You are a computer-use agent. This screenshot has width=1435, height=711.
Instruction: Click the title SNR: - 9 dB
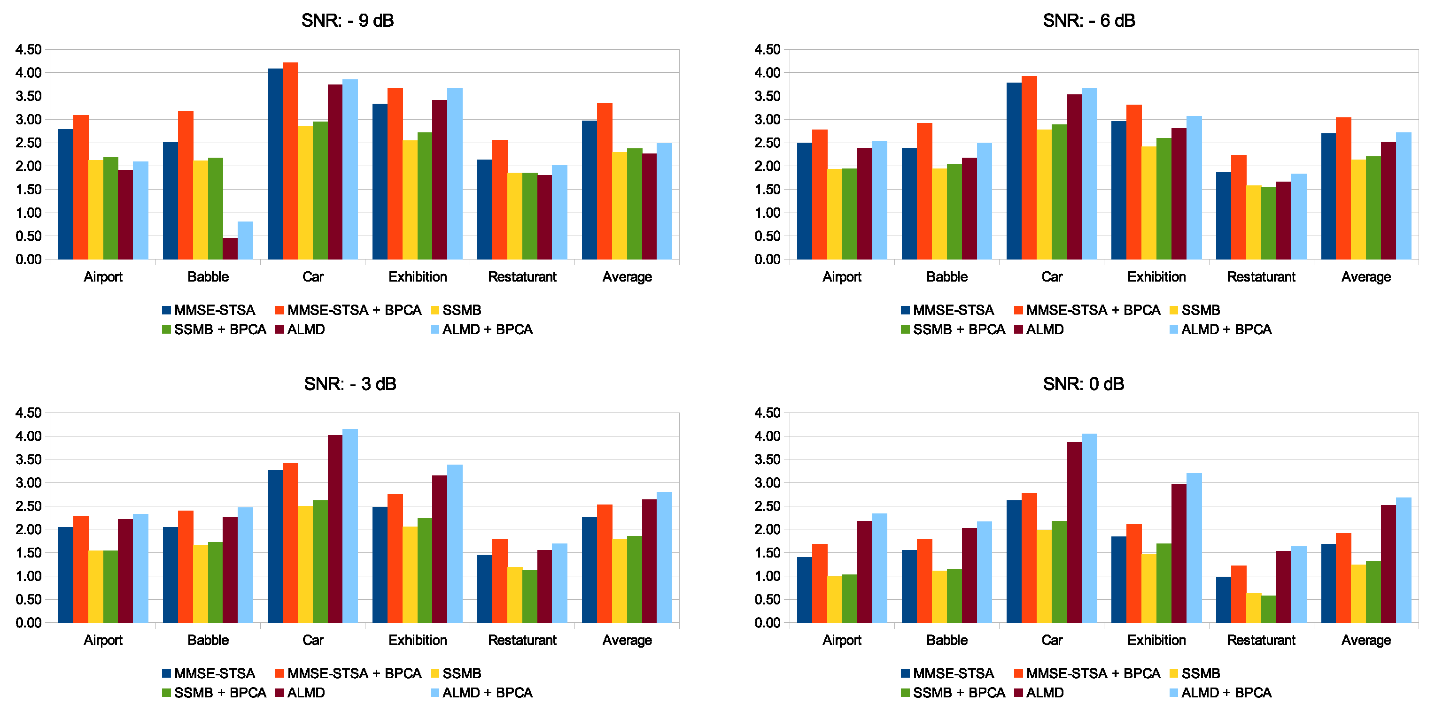[x=347, y=21]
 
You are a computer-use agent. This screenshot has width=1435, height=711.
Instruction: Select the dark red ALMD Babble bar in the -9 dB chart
[x=230, y=249]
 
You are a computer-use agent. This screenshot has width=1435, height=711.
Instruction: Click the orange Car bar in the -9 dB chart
[x=290, y=161]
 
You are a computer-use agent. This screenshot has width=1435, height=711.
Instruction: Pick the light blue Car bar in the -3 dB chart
[x=350, y=526]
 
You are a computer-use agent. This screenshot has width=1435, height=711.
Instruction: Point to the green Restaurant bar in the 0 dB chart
[x=1268, y=609]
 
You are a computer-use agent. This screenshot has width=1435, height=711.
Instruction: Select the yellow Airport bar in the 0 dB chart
[x=835, y=600]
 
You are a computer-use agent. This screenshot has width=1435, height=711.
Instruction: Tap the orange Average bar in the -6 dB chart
[x=1343, y=189]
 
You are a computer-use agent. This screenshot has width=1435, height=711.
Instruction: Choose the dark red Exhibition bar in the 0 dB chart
[x=1179, y=553]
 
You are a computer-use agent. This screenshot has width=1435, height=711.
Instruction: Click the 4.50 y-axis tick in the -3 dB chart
[x=28, y=413]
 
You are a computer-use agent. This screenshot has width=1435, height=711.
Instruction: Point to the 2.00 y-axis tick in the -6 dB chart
[x=767, y=166]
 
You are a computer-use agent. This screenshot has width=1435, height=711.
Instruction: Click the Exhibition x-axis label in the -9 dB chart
[x=417, y=277]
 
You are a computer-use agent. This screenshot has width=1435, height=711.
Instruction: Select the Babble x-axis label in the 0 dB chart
[x=946, y=640]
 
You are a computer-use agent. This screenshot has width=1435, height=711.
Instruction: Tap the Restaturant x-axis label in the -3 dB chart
[x=522, y=640]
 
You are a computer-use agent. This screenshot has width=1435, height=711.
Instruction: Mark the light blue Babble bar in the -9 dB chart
[x=245, y=241]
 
